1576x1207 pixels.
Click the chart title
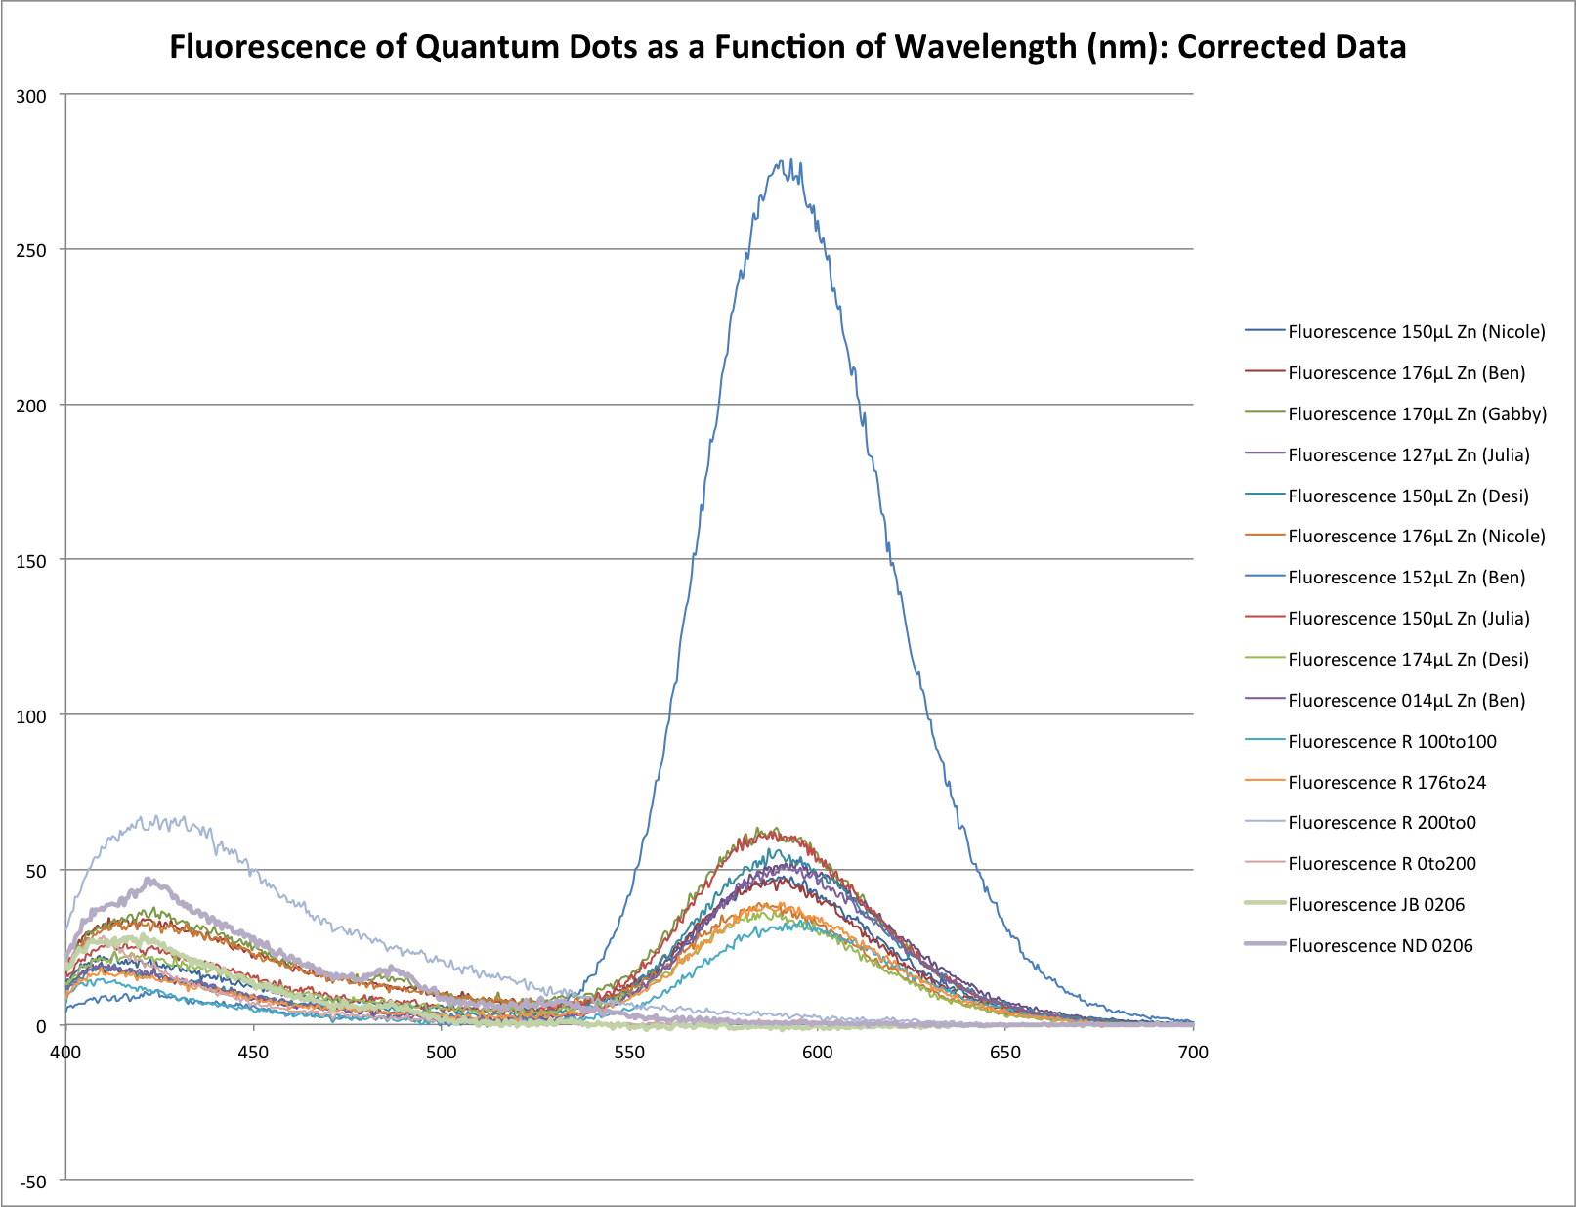(x=788, y=47)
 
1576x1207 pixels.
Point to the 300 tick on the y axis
(x=33, y=95)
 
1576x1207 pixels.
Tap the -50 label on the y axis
(x=33, y=1182)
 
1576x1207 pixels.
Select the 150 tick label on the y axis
(x=33, y=560)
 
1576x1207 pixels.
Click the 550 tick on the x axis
(x=629, y=1053)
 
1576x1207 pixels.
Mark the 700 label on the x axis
(x=1193, y=1053)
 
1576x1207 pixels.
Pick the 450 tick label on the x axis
(x=253, y=1053)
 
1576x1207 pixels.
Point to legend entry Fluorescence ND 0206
(x=1380, y=946)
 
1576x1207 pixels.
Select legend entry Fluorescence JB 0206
(x=1376, y=905)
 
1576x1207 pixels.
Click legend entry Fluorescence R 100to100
(x=1391, y=742)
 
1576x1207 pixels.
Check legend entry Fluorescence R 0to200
(x=1382, y=864)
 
